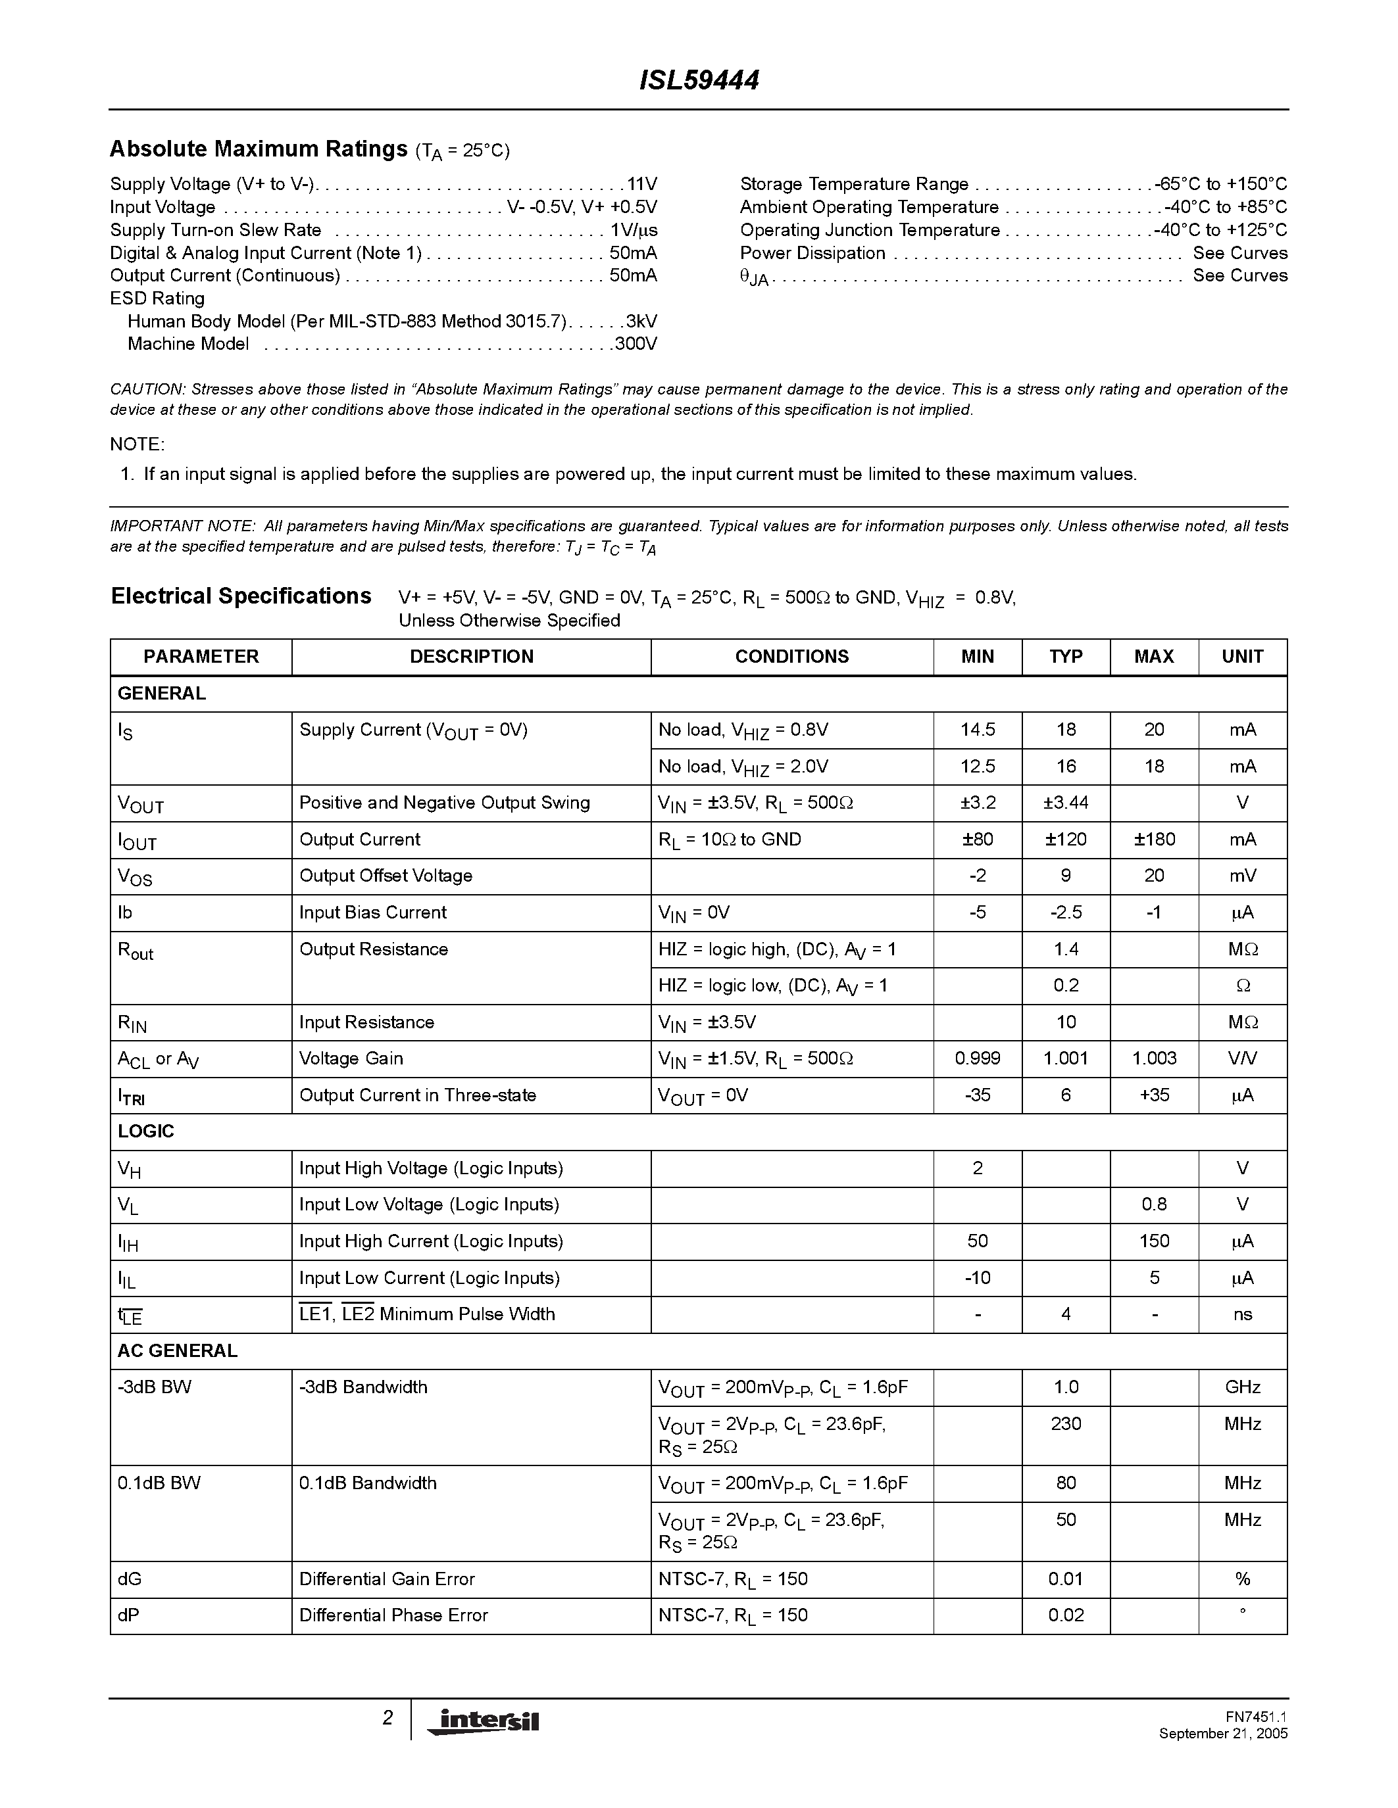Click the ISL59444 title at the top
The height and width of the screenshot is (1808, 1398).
tap(699, 81)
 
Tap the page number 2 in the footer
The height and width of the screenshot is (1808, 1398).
tap(387, 1718)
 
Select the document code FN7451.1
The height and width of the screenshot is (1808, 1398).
tap(1257, 1717)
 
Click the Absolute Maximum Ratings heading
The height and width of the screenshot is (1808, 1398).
tap(259, 149)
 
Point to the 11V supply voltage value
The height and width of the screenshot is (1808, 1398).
tap(642, 184)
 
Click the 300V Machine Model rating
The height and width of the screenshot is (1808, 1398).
tap(636, 344)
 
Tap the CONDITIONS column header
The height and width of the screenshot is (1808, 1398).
tap(791, 657)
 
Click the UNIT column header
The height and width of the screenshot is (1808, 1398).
tap(1242, 657)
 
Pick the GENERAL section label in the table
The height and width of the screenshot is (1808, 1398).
tap(161, 693)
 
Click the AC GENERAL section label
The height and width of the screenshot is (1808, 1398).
tap(177, 1350)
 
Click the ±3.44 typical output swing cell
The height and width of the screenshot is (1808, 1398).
tap(1066, 802)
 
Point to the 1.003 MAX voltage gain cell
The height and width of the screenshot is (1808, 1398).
tap(1154, 1058)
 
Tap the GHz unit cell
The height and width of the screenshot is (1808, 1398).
tap(1242, 1387)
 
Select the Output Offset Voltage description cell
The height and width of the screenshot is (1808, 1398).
tap(386, 875)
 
